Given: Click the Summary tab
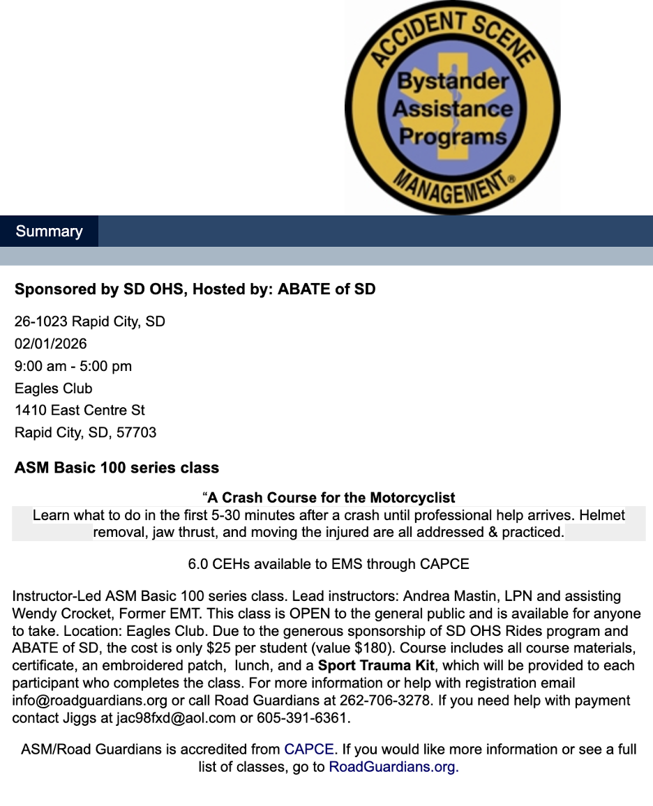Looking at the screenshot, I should click(x=49, y=231).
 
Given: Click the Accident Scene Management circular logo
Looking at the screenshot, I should click(x=452, y=107).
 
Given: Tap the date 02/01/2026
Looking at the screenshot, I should click(x=51, y=344).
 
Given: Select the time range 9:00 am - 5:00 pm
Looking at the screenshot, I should click(x=73, y=366).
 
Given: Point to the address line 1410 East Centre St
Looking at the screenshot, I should click(x=80, y=410).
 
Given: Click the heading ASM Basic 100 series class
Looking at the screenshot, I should click(x=117, y=467).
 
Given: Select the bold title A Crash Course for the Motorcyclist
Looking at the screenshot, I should click(x=331, y=498).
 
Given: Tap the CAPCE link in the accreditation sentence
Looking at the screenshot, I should click(x=309, y=750).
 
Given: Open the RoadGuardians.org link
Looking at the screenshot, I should click(x=393, y=767).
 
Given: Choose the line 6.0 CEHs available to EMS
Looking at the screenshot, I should click(x=329, y=563).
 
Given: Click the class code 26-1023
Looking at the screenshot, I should click(x=40, y=322).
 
